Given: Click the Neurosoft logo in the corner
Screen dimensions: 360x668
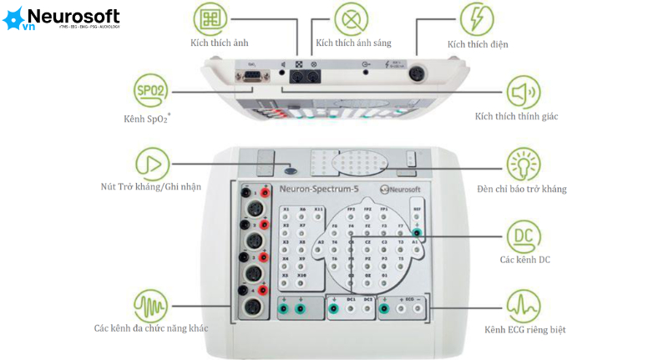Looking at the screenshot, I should [x=62, y=18].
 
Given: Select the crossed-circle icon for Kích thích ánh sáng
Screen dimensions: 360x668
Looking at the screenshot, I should [x=352, y=17].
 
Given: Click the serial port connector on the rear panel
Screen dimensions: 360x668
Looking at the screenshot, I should [x=250, y=77].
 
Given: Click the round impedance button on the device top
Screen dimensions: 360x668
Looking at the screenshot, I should [x=289, y=167].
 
